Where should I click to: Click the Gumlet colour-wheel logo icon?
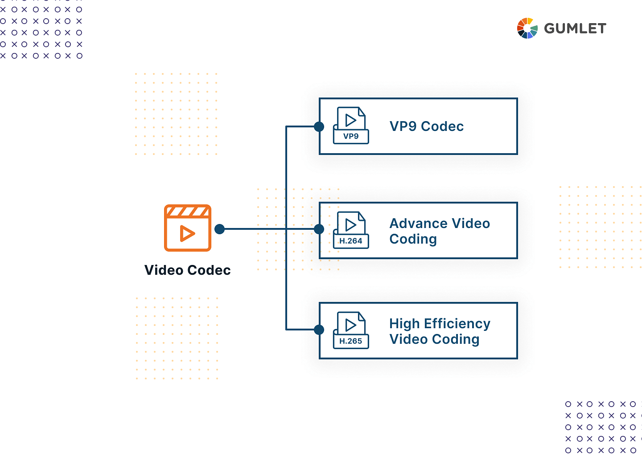pyautogui.click(x=527, y=28)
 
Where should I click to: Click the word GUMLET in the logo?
pyautogui.click(x=575, y=28)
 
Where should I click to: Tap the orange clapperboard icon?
pyautogui.click(x=188, y=228)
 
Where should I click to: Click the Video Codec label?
pyautogui.click(x=187, y=270)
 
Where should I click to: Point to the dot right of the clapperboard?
pyautogui.click(x=219, y=229)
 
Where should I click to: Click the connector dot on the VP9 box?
pyautogui.click(x=319, y=126)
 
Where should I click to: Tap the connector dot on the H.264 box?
pyautogui.click(x=319, y=229)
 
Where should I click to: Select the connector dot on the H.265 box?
pyautogui.click(x=319, y=330)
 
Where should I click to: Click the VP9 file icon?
pyautogui.click(x=351, y=126)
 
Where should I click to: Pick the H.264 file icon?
pyautogui.click(x=351, y=230)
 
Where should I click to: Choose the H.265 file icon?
pyautogui.click(x=351, y=330)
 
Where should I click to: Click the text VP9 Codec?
pyautogui.click(x=427, y=126)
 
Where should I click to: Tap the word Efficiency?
pyautogui.click(x=457, y=324)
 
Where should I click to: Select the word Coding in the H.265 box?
pyautogui.click(x=456, y=340)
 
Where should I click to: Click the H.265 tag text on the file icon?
pyautogui.click(x=350, y=341)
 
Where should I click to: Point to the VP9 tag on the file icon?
pyautogui.click(x=351, y=136)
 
